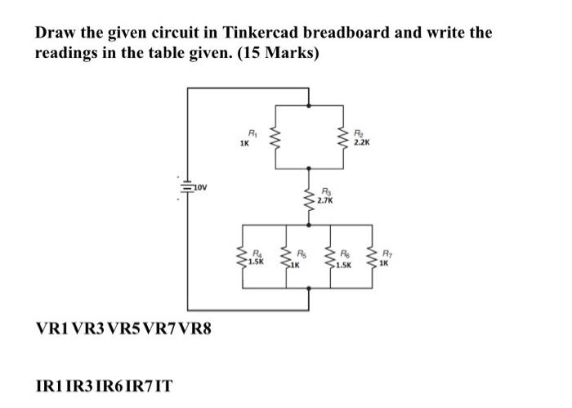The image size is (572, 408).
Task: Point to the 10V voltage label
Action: pyautogui.click(x=203, y=187)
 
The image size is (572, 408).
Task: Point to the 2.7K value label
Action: pyautogui.click(x=324, y=200)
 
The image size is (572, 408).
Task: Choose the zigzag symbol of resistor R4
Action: pyautogui.click(x=243, y=259)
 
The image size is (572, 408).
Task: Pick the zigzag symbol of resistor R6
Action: pyautogui.click(x=331, y=259)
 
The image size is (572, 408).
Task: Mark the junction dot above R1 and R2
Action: pyautogui.click(x=309, y=105)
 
